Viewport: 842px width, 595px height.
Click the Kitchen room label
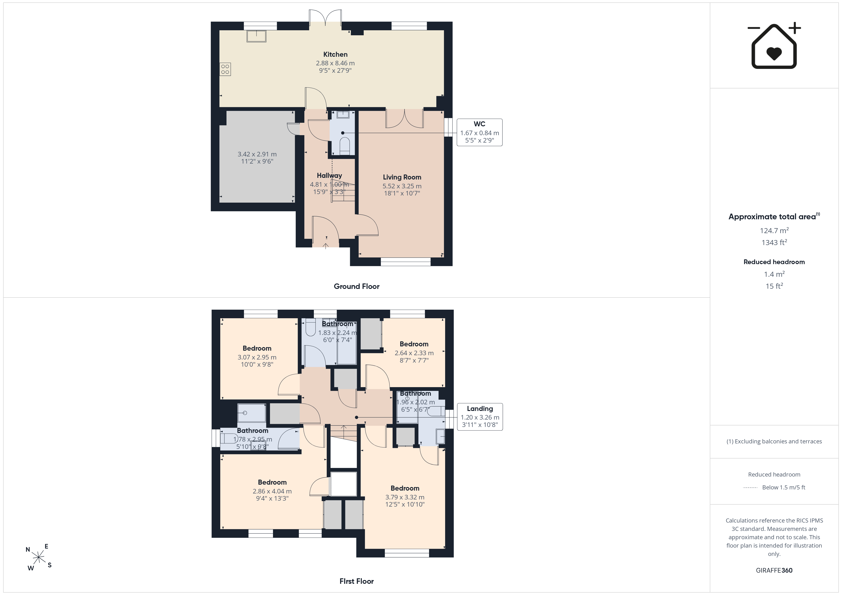pos(335,54)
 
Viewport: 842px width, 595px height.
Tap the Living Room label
pos(402,177)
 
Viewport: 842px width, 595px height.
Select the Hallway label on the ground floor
pos(329,175)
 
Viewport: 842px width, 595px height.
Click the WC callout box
pos(479,132)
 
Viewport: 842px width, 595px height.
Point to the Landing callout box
pos(480,417)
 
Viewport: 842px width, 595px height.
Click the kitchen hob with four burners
pos(225,69)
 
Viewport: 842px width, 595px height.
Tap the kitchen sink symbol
pos(256,36)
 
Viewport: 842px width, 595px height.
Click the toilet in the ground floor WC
pos(345,146)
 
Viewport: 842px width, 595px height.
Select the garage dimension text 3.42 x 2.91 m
pos(257,154)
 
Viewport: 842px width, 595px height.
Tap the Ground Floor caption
pos(357,287)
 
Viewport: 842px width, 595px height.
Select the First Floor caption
pos(357,581)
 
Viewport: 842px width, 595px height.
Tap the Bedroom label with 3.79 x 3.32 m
pos(405,488)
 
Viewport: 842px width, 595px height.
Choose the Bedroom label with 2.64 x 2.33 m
pos(414,344)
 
